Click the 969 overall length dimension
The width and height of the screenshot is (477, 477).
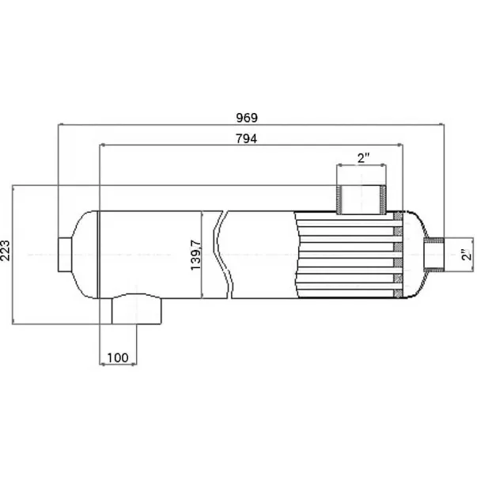pyautogui.click(x=247, y=118)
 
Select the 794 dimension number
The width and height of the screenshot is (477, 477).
pyautogui.click(x=246, y=138)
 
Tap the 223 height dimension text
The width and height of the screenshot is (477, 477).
pyautogui.click(x=6, y=250)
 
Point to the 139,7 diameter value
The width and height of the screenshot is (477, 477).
pyautogui.click(x=195, y=255)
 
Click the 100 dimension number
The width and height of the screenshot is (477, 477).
pyautogui.click(x=118, y=358)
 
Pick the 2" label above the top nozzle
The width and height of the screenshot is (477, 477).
pyautogui.click(x=363, y=158)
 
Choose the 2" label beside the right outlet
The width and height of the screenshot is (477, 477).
pyautogui.click(x=467, y=255)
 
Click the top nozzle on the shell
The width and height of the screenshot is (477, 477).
pyautogui.click(x=362, y=199)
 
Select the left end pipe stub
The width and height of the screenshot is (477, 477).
pyautogui.click(x=65, y=255)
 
